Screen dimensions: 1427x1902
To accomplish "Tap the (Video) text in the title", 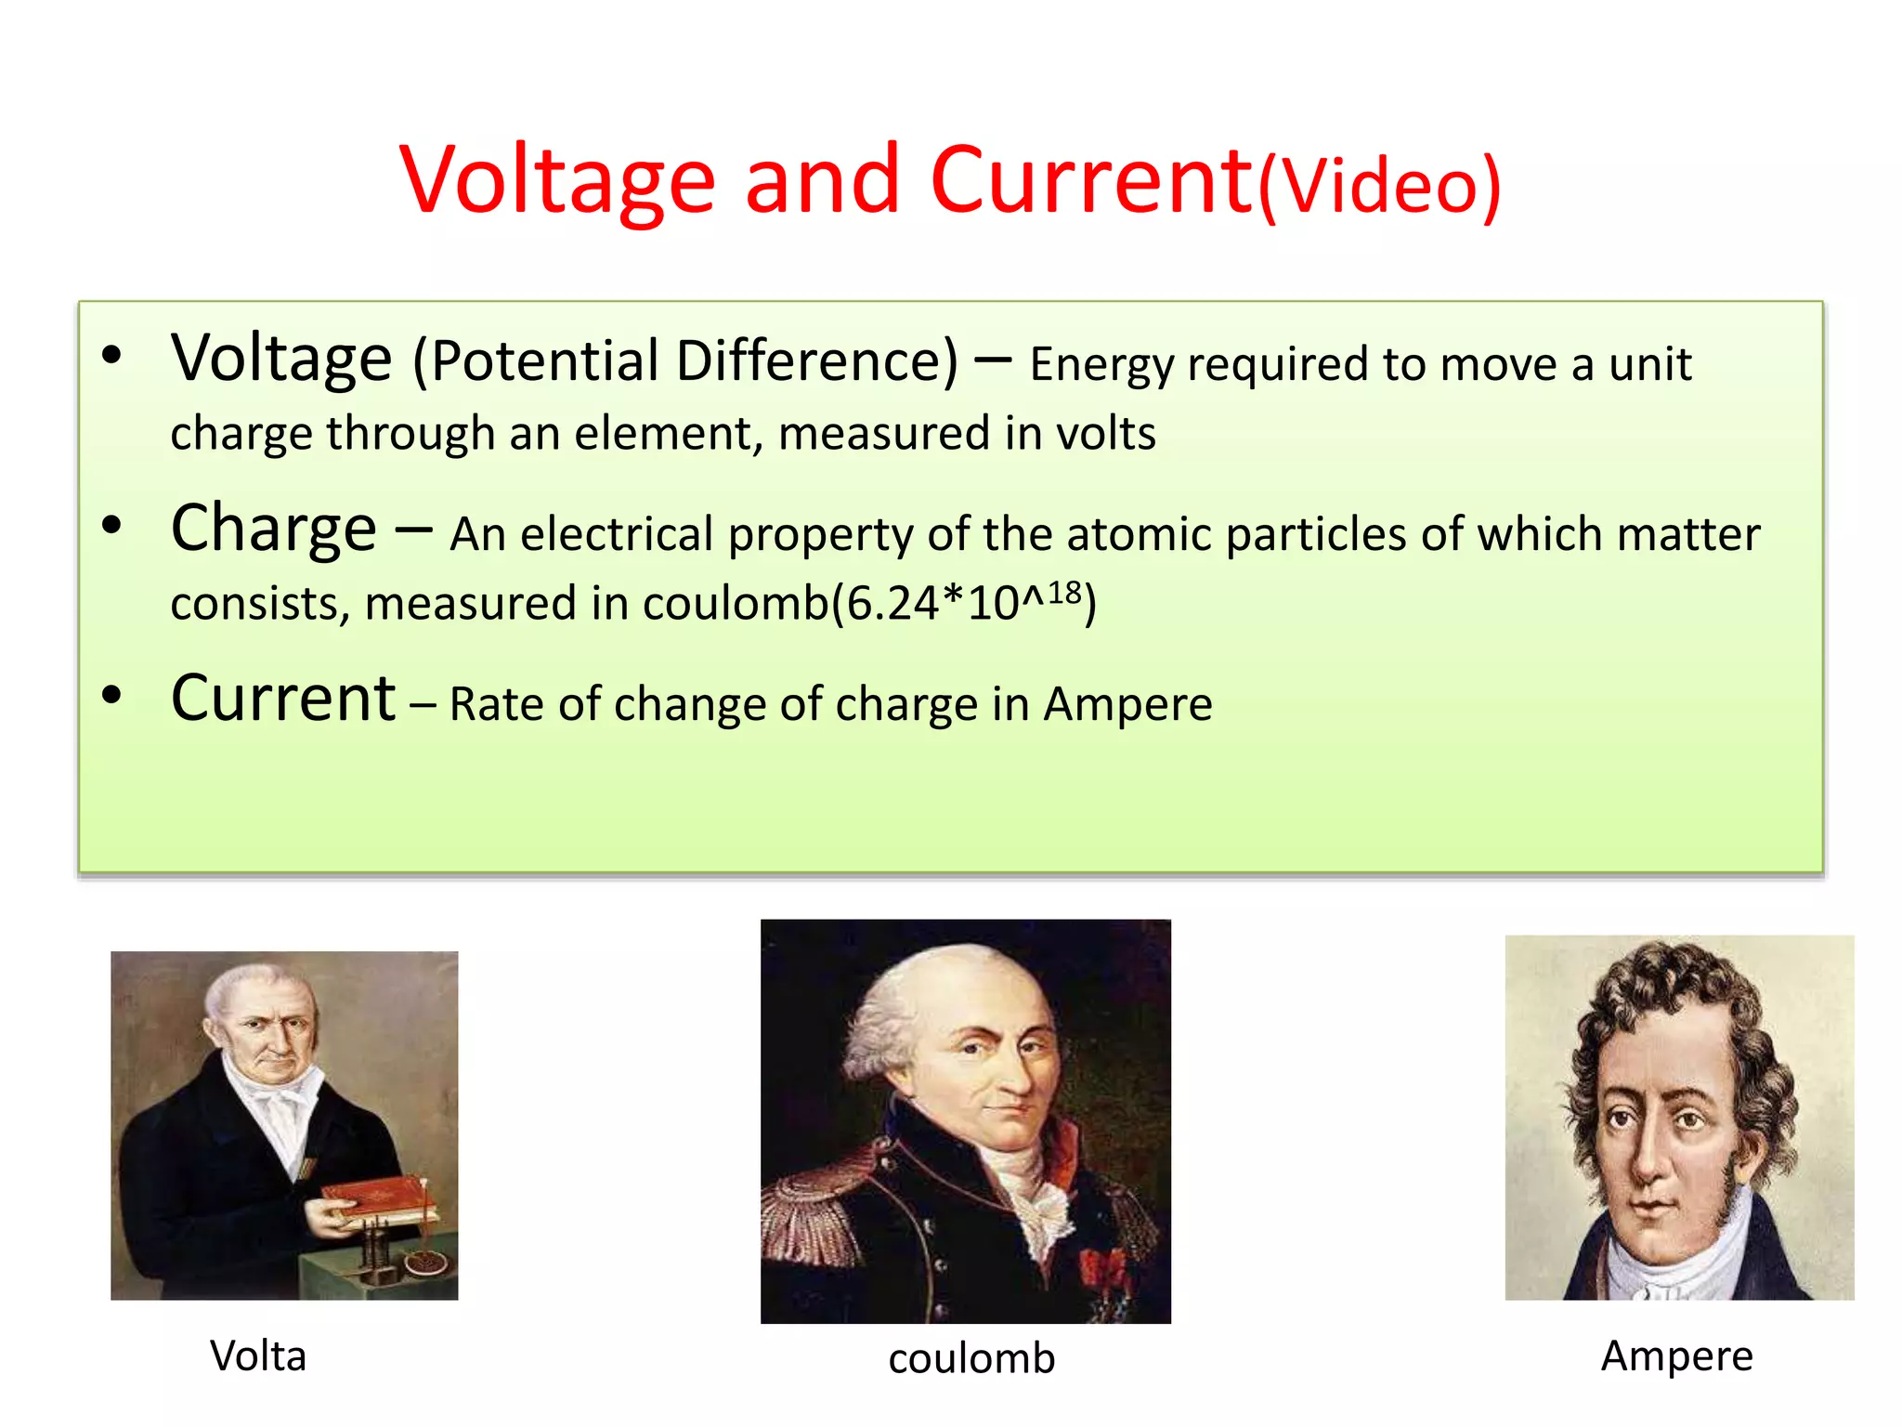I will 1379,186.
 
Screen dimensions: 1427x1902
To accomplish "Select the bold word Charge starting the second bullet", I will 274,529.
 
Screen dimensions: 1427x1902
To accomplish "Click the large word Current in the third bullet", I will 283,699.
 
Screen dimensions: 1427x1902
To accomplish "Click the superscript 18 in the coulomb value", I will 1064,592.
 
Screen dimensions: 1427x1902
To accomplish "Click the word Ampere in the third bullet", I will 1127,704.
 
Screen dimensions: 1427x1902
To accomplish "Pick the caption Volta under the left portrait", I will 258,1356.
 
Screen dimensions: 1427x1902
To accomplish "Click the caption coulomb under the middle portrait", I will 971,1359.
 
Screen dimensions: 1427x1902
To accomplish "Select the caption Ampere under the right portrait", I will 1676,1356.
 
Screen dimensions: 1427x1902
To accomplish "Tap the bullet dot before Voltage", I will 112,356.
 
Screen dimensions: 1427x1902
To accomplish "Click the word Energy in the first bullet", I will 1101,364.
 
